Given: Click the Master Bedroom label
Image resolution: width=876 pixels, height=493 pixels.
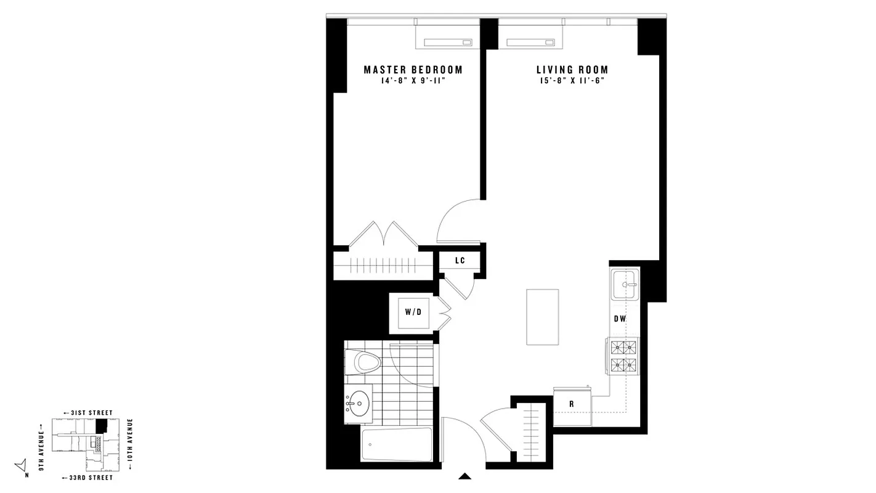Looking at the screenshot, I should (413, 70).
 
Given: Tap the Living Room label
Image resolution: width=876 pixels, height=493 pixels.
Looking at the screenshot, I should (572, 70).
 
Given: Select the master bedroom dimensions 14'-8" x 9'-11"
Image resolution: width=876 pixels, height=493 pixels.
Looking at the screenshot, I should (413, 81).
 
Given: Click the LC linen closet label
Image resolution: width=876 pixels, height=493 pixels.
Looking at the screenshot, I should (460, 261).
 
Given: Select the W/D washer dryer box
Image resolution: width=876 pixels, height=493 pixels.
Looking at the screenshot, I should (413, 312).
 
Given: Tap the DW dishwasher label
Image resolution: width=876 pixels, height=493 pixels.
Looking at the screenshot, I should (620, 319).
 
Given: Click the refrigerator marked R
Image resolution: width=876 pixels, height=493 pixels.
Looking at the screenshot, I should (572, 405).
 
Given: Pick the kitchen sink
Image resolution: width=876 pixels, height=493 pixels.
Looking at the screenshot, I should (625, 285).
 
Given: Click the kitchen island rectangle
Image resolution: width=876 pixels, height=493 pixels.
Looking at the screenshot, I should (542, 317).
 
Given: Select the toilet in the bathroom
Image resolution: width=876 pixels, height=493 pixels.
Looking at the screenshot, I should (362, 362).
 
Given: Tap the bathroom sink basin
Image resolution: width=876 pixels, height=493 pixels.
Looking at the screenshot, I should (357, 405).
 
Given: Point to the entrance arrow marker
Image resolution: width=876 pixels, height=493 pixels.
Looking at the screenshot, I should (465, 475).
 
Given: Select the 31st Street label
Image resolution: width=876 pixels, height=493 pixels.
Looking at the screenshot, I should (87, 412).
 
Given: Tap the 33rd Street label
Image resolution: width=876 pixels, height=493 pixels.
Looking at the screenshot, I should (87, 478).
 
